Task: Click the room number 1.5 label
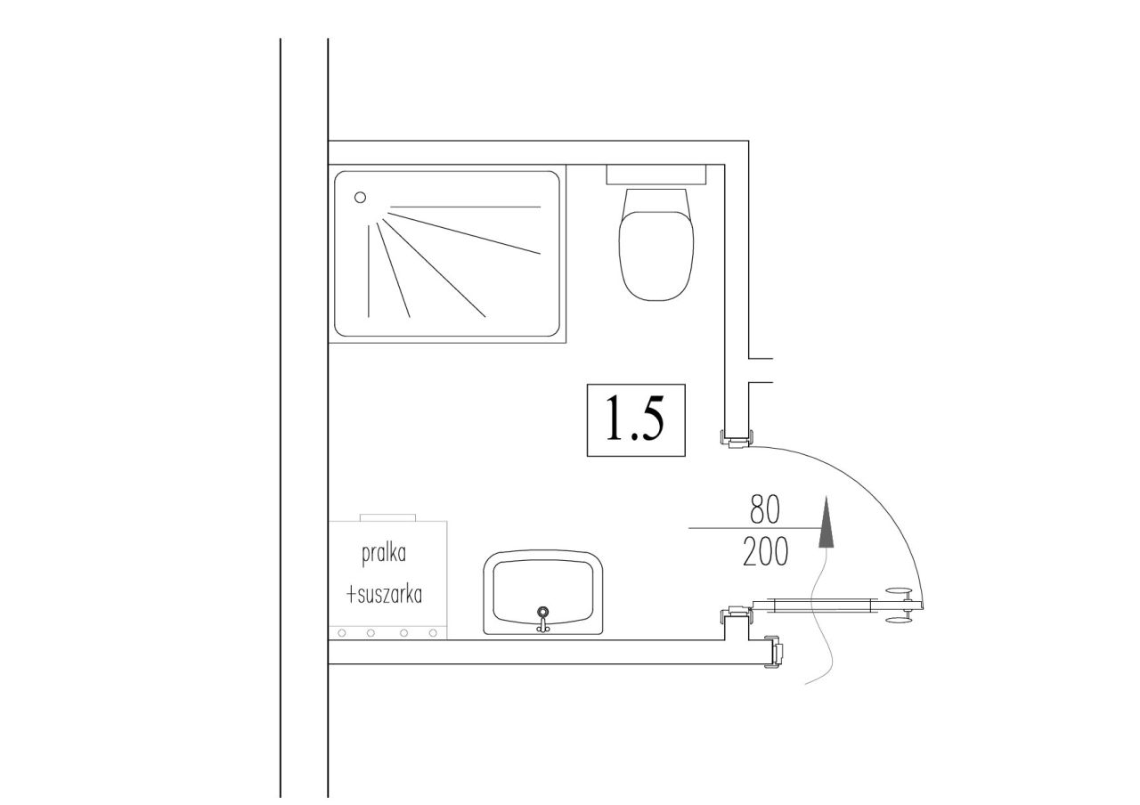click(x=636, y=419)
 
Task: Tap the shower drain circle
click(x=361, y=198)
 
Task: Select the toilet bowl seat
click(x=656, y=256)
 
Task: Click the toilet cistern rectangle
click(x=656, y=174)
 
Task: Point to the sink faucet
click(x=543, y=618)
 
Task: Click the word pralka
click(x=384, y=553)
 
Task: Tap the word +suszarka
click(x=384, y=594)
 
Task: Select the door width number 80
click(x=764, y=509)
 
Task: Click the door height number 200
click(x=765, y=551)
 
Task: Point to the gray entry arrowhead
click(x=826, y=522)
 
